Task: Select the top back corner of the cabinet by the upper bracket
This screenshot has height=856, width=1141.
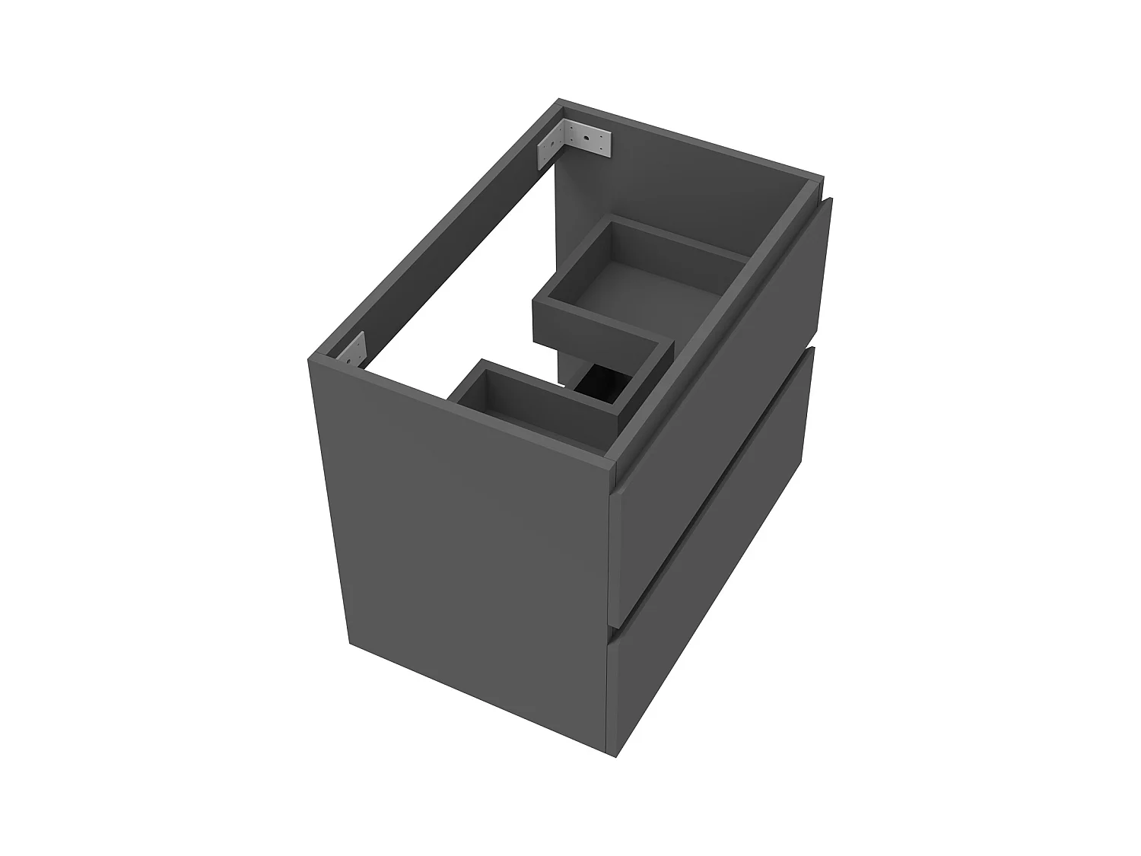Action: pyautogui.click(x=560, y=101)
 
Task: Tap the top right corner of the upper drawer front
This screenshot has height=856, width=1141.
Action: pyautogui.click(x=831, y=199)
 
